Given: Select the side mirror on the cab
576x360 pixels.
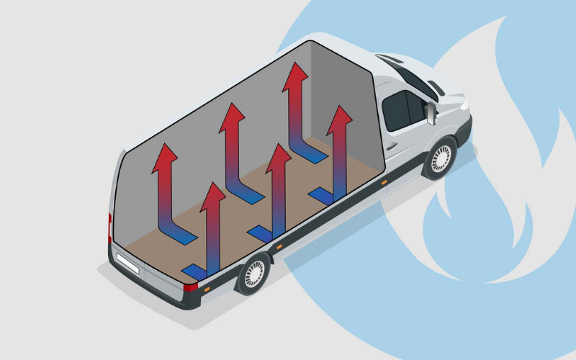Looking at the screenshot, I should click(431, 114).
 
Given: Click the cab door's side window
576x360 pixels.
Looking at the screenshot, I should click(398, 109).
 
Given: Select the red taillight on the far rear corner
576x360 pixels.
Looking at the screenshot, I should click(110, 223).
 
